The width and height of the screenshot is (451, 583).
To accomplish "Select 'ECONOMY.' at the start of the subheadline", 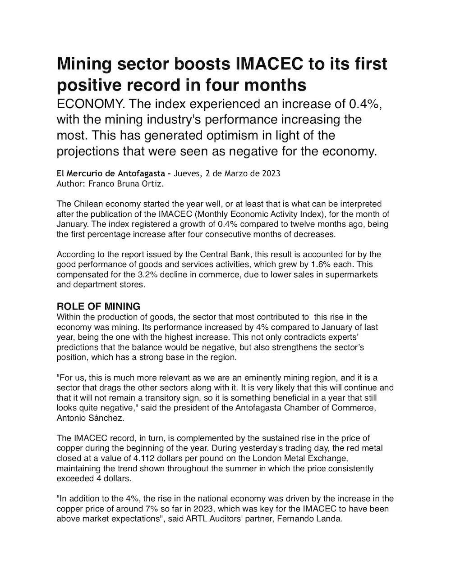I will (89, 104).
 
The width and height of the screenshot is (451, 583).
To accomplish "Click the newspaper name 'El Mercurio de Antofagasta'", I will (111, 173).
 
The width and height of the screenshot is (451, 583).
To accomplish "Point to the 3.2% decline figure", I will (162, 274).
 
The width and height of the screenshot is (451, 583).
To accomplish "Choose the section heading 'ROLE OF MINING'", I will (98, 306).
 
